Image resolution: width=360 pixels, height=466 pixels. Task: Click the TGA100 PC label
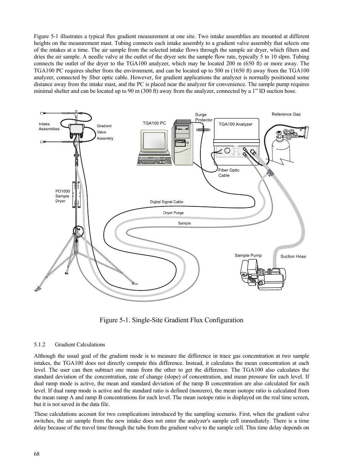coord(154,123)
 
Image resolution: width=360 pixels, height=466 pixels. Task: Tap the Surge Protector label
coord(204,117)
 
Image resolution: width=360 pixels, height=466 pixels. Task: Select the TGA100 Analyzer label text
coord(235,124)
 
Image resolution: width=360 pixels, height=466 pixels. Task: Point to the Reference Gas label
coord(286,114)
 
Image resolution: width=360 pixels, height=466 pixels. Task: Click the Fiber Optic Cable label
coord(229,173)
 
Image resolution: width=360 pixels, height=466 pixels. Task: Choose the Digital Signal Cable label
coord(166,202)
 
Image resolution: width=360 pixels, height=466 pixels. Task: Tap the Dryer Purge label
coord(173,213)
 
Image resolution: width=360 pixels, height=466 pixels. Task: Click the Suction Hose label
coord(293,257)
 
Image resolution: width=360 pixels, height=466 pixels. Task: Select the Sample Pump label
coord(248,255)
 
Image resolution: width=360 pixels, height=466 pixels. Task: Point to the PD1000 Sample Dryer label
coord(63,196)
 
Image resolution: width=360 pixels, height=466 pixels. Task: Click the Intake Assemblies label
coord(49,126)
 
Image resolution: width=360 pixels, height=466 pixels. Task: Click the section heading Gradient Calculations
coord(80,345)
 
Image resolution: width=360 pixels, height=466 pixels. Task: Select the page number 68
coord(37,454)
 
